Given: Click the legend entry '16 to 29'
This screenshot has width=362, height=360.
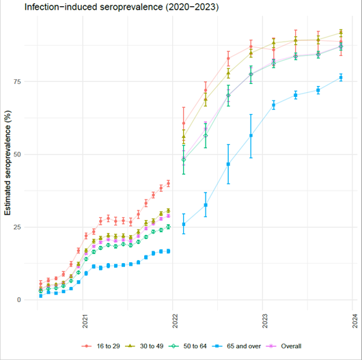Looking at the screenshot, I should (x=108, y=346).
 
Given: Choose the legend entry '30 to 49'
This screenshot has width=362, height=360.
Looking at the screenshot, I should (x=160, y=346).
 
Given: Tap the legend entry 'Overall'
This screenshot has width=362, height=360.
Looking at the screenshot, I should (x=316, y=346).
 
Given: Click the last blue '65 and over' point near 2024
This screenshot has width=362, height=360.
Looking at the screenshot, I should (x=341, y=78).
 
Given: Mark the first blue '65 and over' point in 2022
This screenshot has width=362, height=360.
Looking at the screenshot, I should (x=184, y=224).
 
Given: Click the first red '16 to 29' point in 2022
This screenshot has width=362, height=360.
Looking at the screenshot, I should (x=184, y=124).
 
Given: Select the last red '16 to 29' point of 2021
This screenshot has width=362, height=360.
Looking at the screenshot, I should (x=168, y=183).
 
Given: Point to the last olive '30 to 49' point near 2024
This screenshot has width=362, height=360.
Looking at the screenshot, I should (x=341, y=33).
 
